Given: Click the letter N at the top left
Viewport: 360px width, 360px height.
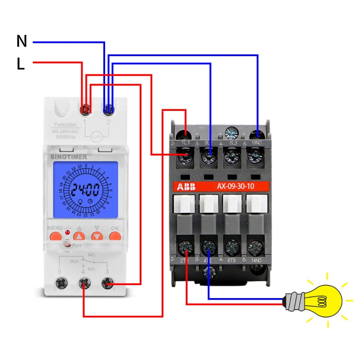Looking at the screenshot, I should coord(22,41).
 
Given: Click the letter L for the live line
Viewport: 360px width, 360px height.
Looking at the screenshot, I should coord(21,64).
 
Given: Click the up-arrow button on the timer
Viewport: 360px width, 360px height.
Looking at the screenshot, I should coord(79,236).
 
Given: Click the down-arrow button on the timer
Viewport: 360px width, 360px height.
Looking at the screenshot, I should coord(97,236).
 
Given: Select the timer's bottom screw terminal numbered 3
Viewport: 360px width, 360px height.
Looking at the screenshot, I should coord(107,285).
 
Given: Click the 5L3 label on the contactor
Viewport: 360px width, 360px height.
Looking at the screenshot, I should coord(233,143).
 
